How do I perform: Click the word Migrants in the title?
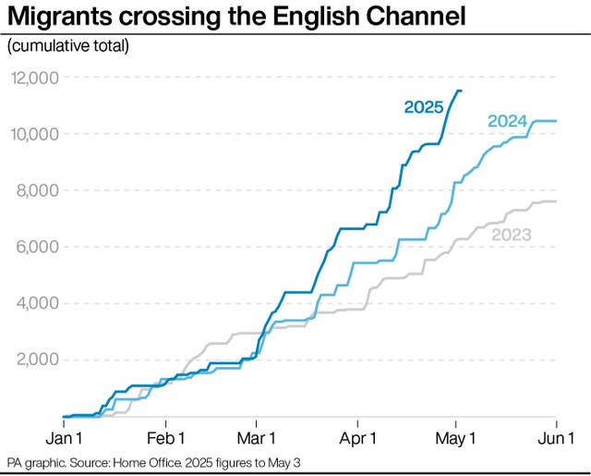(x=61, y=18)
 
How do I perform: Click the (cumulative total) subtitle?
(x=68, y=45)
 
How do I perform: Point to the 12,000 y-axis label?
(x=34, y=78)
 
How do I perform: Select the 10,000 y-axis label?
(x=34, y=134)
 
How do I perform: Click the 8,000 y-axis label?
(x=38, y=190)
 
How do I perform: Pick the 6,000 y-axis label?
(x=38, y=247)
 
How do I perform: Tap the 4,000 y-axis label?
(x=38, y=303)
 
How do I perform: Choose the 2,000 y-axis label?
(x=38, y=360)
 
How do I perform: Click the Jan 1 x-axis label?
(x=64, y=434)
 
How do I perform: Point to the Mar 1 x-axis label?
(x=259, y=434)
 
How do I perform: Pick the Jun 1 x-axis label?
(x=555, y=434)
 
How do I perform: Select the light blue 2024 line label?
(x=507, y=121)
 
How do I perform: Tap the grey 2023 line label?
(x=511, y=235)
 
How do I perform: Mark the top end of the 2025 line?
(x=462, y=91)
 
